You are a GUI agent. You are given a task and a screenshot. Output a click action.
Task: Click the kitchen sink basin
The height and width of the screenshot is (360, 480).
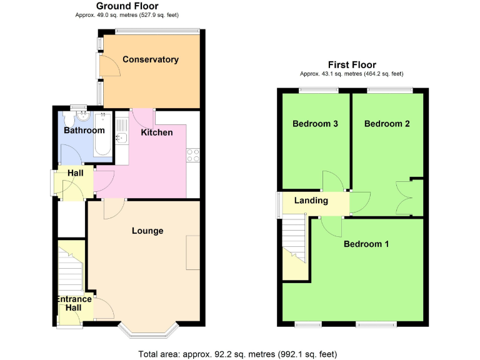click(121, 138)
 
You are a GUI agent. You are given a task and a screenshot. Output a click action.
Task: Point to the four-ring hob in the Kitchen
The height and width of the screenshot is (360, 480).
click(192, 154)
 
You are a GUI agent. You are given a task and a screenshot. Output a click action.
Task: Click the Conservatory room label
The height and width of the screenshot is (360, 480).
click(151, 60)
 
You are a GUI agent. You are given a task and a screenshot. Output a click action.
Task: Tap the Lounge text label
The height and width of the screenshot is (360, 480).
click(147, 231)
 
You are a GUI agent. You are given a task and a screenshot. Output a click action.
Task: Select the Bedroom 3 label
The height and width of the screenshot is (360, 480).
click(316, 124)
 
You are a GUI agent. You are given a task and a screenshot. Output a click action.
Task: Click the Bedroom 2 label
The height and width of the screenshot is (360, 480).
click(387, 124)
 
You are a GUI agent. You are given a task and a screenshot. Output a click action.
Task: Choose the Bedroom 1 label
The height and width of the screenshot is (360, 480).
click(366, 244)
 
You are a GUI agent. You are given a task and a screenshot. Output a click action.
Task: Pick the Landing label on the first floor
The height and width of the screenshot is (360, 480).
click(311, 201)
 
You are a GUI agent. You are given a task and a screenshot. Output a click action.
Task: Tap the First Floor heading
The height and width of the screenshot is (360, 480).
click(352, 65)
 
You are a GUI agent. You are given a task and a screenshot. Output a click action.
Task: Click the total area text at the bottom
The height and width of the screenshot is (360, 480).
click(237, 354)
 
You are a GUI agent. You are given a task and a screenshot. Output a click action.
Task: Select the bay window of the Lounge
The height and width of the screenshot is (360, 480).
click(149, 329)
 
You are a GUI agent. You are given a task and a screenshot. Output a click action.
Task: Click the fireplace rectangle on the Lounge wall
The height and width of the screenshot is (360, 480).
click(193, 252)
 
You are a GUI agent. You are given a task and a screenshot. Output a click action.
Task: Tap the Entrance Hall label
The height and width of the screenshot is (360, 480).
click(74, 304)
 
